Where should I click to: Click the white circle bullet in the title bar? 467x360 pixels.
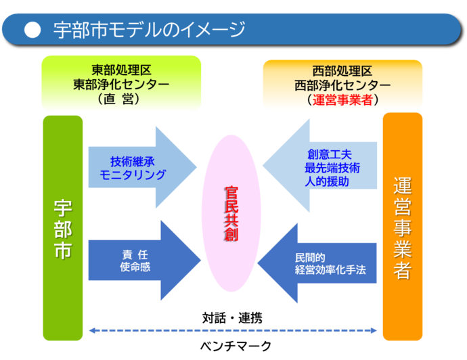[x=30, y=29]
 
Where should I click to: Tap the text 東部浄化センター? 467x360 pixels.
[x=121, y=84]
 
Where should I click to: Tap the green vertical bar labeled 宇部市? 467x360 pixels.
[x=63, y=227]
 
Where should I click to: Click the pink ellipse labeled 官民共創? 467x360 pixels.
[x=231, y=214]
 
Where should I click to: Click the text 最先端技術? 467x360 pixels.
[x=332, y=168]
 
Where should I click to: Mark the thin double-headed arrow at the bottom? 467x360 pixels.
[x=233, y=330]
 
